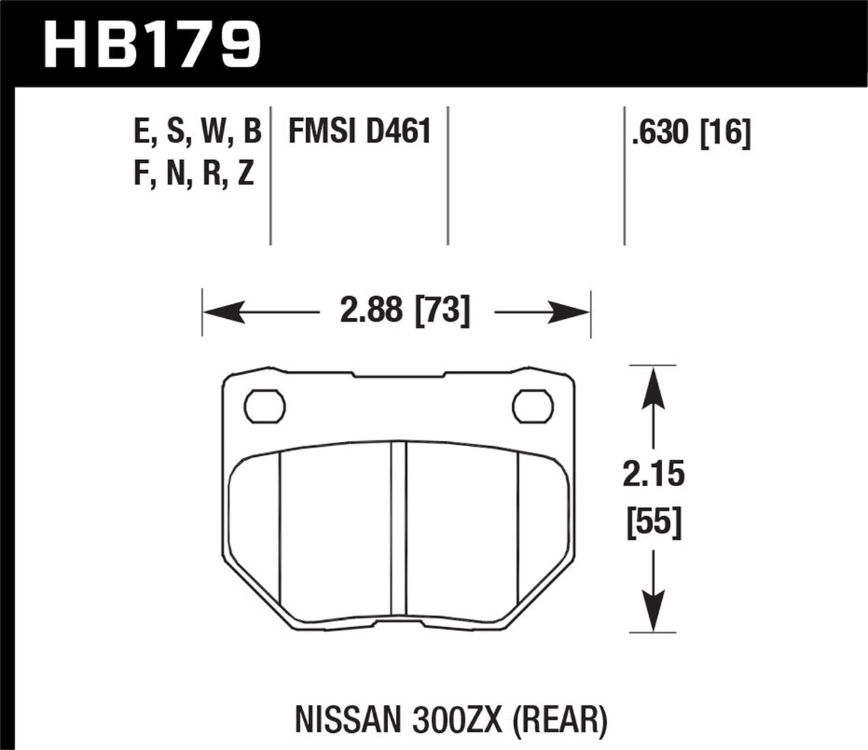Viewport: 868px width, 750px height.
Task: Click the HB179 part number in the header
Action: click(x=152, y=43)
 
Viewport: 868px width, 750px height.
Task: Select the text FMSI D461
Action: click(x=359, y=132)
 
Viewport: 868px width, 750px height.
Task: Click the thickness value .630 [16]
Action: click(x=691, y=134)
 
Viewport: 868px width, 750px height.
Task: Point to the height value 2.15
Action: click(x=654, y=475)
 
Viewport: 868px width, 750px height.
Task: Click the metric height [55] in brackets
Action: click(x=654, y=523)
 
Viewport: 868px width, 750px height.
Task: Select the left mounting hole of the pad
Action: click(x=265, y=405)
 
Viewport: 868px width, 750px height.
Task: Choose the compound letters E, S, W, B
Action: click(x=197, y=133)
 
